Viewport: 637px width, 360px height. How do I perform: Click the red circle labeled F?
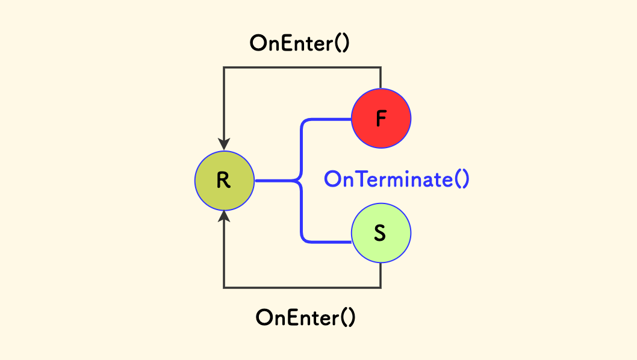coord(381,119)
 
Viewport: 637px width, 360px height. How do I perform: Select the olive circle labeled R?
coord(224,180)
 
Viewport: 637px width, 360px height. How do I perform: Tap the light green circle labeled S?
coord(381,233)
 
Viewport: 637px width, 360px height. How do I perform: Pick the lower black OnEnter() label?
coord(305,317)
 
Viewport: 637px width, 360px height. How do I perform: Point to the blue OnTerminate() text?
coord(396,179)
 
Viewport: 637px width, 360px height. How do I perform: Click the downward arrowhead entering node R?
coord(224,144)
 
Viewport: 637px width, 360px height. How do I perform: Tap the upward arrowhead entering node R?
coord(224,216)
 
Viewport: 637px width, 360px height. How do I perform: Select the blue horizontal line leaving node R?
coord(274,180)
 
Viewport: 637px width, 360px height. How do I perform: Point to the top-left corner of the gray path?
coord(224,67)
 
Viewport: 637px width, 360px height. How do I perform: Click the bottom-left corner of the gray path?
coord(224,288)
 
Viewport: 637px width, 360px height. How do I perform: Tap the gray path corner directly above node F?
coord(381,67)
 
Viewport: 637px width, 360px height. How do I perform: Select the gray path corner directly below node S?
coord(381,288)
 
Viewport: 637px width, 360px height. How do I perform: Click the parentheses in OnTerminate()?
coord(461,179)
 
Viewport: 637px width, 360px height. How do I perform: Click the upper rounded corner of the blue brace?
coord(303,122)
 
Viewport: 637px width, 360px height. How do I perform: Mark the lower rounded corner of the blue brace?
coord(303,239)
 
